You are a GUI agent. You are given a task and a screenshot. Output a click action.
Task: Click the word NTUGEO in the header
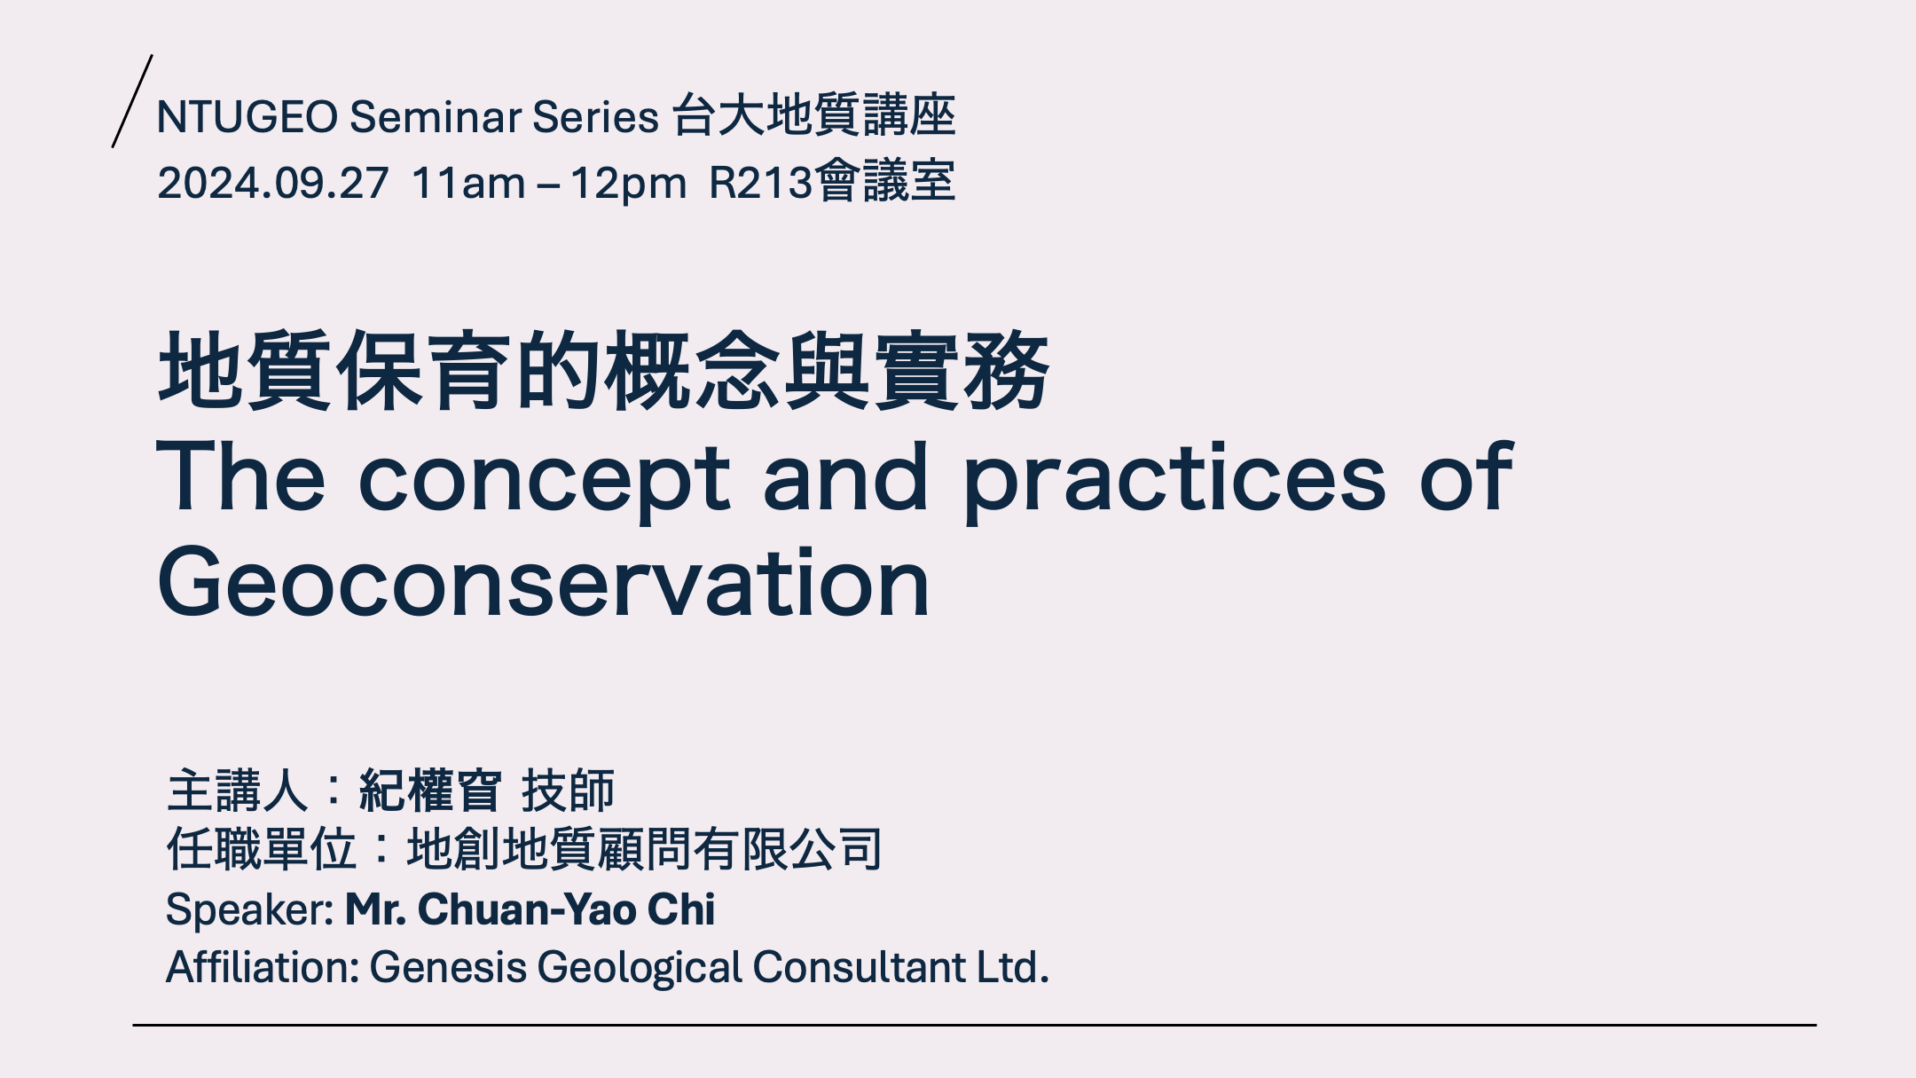point(247,116)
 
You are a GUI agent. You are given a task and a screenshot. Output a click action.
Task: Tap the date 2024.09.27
point(273,183)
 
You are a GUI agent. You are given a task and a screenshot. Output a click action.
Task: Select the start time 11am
point(469,183)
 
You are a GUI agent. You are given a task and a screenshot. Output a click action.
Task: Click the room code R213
point(761,183)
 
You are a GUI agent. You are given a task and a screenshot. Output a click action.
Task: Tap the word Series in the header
point(595,116)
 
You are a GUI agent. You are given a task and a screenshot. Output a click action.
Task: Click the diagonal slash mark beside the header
point(132,101)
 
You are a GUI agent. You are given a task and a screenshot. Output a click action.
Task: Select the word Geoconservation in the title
point(544,583)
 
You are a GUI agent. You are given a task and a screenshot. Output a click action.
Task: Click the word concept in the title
point(544,479)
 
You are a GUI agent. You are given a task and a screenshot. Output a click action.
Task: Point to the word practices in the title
point(1174,479)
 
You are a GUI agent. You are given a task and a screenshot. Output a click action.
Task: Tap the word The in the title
point(241,476)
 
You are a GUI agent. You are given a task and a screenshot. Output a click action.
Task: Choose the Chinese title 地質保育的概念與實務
point(603,371)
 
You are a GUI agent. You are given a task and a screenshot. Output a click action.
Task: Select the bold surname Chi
point(681,909)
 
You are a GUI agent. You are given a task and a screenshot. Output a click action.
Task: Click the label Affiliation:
point(263,967)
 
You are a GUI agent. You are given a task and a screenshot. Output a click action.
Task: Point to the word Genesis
point(448,967)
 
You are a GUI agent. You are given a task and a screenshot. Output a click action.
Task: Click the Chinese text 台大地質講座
point(813,115)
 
